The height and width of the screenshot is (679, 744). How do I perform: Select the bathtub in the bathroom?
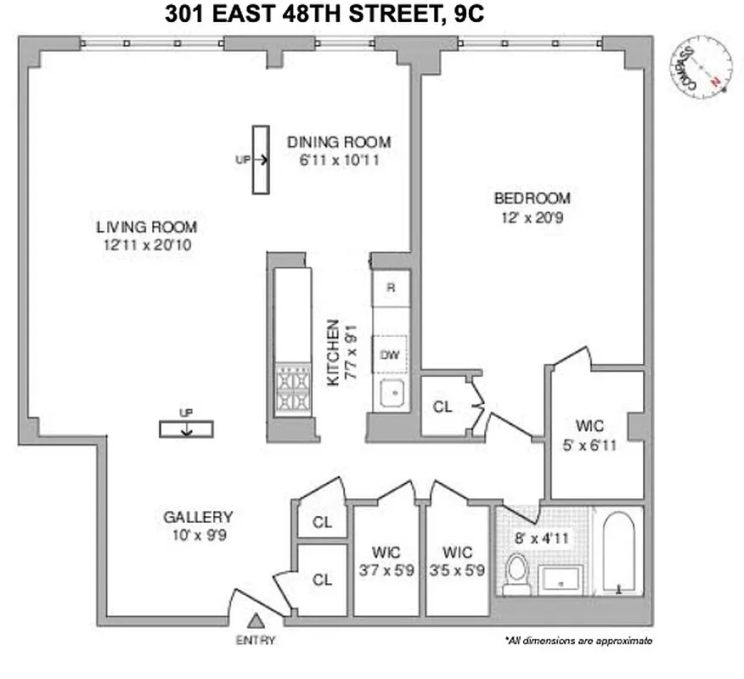coord(617,553)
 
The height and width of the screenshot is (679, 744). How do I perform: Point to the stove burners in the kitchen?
coord(293,390)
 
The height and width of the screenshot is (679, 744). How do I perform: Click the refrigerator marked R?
coord(391,288)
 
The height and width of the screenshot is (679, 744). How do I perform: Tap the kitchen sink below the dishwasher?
coord(392,394)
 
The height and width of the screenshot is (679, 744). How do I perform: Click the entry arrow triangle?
coord(256,624)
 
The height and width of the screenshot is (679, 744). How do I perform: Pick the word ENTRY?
coord(256,640)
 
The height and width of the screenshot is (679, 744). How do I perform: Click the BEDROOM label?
coord(533,199)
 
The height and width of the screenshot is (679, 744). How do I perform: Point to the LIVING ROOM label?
coord(146,227)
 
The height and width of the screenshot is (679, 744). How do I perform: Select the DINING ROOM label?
coord(338,142)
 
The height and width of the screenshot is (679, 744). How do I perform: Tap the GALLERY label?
coord(198,516)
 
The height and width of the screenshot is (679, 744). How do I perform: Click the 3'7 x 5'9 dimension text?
coord(386,571)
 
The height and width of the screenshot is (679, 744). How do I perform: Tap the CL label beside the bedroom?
coord(442,407)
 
